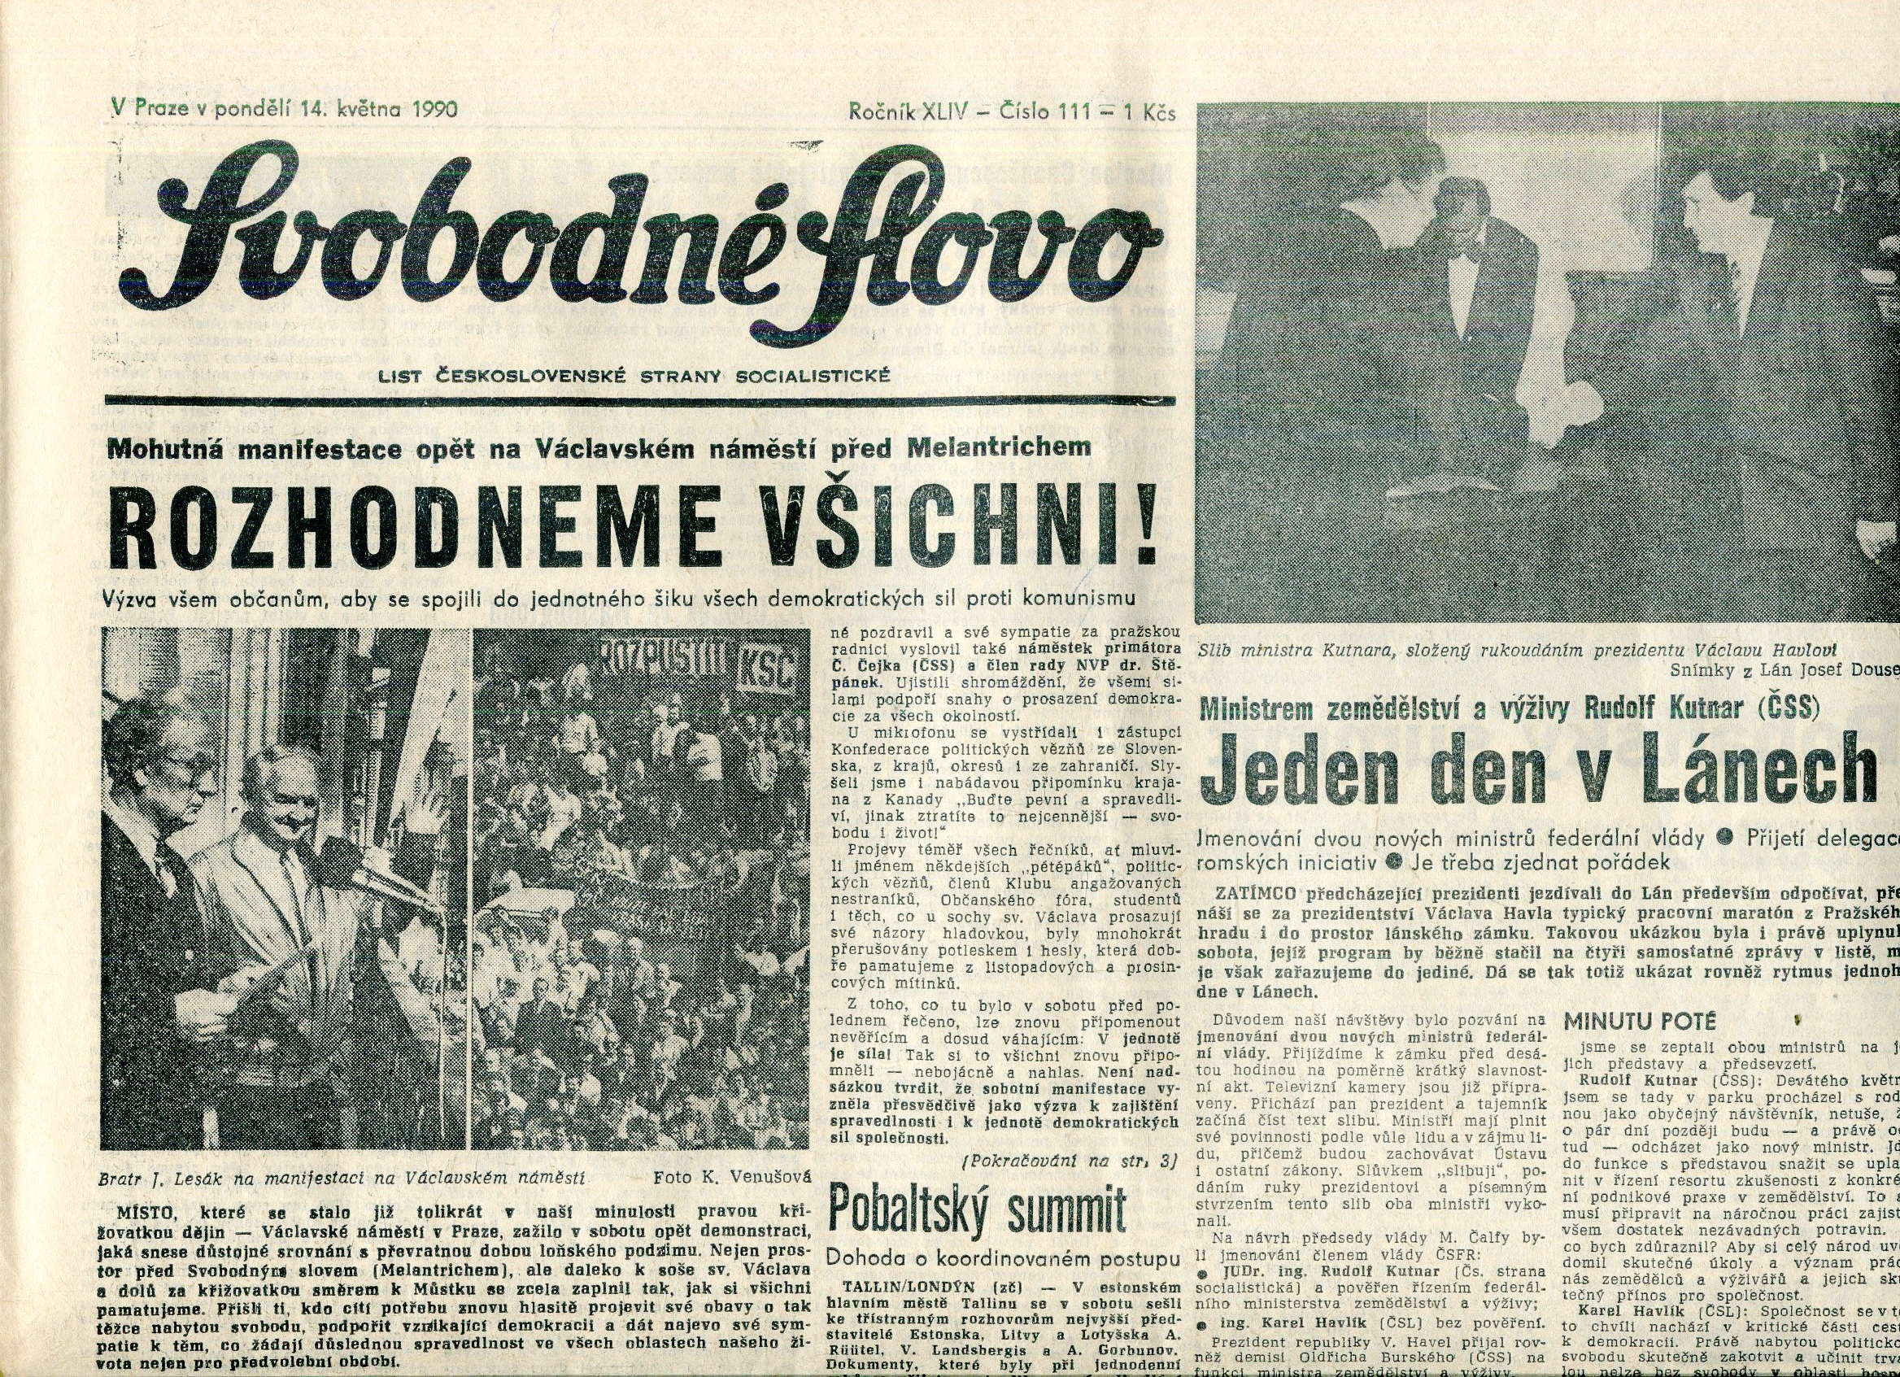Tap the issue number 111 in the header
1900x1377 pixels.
click(x=1074, y=111)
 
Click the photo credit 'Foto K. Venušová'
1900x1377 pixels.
click(x=732, y=1178)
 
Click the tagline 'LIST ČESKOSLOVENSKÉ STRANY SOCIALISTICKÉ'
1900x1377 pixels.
click(x=634, y=377)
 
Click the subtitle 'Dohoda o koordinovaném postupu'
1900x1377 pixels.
click(x=1002, y=1258)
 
